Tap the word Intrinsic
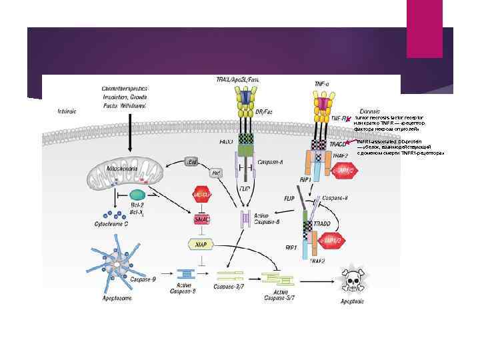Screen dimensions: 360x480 click(x=67, y=111)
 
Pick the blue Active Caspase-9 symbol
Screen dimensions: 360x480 click(x=186, y=273)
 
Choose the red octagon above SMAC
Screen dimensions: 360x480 click(x=202, y=195)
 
